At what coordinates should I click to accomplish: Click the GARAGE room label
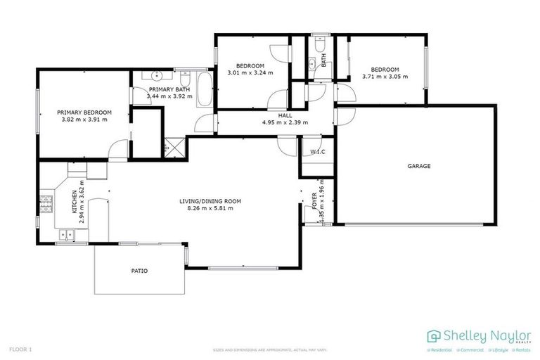(419, 167)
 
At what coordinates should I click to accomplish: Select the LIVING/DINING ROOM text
(210, 201)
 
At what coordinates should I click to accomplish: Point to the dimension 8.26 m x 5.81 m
(210, 209)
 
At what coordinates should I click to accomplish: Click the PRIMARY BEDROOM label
(84, 112)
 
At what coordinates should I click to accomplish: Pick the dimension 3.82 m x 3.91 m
(84, 120)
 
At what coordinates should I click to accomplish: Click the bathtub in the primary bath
(205, 90)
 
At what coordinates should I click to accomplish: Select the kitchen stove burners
(47, 205)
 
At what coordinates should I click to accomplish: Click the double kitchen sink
(67, 236)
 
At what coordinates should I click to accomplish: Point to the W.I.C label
(316, 152)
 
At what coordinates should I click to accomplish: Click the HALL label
(285, 115)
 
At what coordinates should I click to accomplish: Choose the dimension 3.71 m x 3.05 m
(385, 77)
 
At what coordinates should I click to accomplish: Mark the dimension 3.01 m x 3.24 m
(250, 72)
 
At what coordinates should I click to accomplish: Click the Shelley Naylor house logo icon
(434, 335)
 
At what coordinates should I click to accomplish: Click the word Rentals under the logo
(522, 349)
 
